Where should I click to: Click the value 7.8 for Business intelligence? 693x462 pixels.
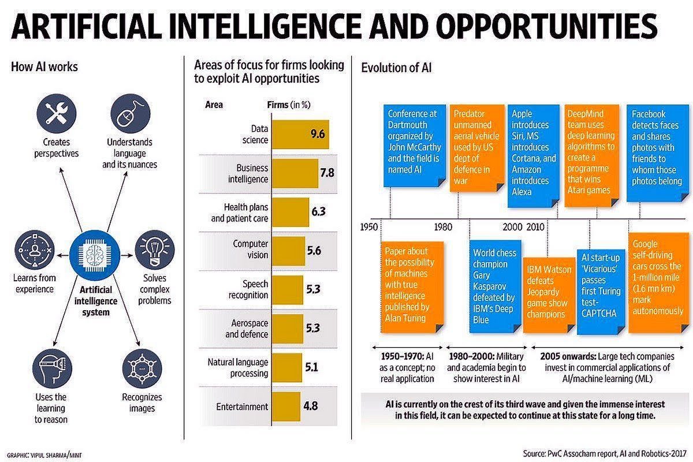(x=327, y=173)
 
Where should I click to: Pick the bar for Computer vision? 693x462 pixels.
(x=288, y=251)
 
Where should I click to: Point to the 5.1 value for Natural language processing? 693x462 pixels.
(x=312, y=367)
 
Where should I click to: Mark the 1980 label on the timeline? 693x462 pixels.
(x=443, y=226)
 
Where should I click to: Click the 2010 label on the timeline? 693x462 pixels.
(x=535, y=226)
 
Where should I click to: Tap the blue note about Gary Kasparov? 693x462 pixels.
(x=494, y=285)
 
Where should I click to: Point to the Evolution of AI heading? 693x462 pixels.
(x=396, y=68)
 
